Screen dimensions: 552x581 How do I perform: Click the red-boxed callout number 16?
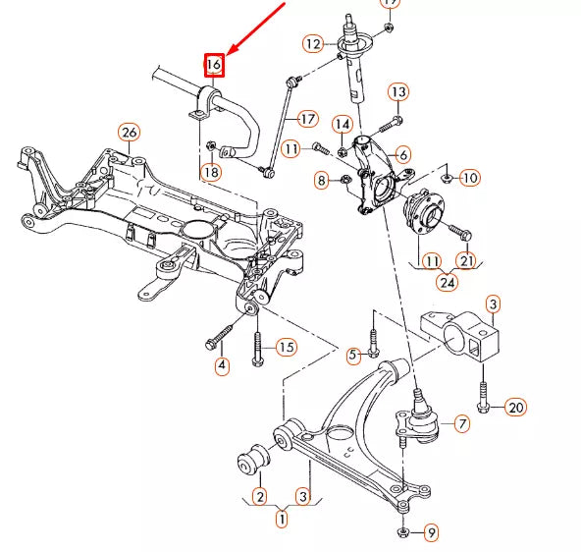[x=214, y=66]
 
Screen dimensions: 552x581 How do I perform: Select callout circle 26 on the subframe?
[x=129, y=133]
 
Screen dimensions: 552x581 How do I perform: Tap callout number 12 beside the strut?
[x=313, y=43]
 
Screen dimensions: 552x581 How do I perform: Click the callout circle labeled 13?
[x=397, y=92]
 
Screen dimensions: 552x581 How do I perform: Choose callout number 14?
[x=342, y=125]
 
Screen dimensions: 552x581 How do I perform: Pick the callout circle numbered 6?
[x=403, y=154]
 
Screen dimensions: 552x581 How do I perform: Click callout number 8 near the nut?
[x=321, y=180]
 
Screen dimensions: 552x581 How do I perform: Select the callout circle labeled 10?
[x=469, y=178]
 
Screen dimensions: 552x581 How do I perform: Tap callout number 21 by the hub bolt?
[x=467, y=259]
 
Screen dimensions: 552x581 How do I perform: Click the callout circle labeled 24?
[x=448, y=283]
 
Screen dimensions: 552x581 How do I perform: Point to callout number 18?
[x=211, y=173]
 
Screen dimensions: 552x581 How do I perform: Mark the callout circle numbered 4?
[x=222, y=366]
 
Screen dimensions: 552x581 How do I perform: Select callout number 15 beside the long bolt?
[x=286, y=347]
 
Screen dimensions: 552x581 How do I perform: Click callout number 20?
[x=516, y=408]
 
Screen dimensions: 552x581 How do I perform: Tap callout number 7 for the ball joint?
[x=461, y=424]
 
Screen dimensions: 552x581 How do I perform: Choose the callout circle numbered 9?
[x=431, y=533]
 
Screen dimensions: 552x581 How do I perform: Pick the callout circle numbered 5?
[x=353, y=354]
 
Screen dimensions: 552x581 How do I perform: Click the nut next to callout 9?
[x=404, y=532]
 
